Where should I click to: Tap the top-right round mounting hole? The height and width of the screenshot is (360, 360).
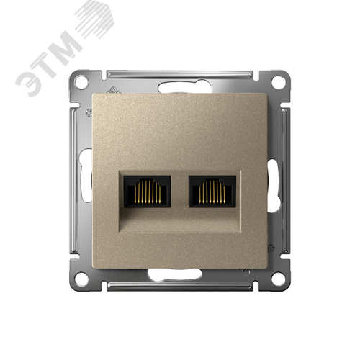pyautogui.click(x=278, y=81)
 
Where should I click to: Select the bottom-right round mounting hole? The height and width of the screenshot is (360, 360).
pyautogui.click(x=278, y=278)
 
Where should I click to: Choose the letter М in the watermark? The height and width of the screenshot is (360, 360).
pyautogui.click(x=72, y=46)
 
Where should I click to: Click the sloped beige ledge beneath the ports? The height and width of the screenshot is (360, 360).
pyautogui.click(x=180, y=222)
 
